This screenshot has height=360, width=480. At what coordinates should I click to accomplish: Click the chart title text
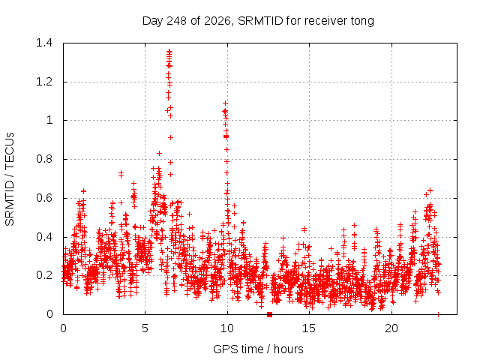tap(258, 21)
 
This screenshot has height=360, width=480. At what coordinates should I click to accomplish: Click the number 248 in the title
tap(176, 21)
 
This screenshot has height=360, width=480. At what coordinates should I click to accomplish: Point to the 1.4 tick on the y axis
tap(44, 43)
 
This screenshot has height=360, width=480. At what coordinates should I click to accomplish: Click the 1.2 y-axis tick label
tap(44, 82)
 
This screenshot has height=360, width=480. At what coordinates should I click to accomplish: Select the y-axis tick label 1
tap(49, 120)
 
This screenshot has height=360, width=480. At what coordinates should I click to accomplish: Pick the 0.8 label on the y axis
tap(44, 159)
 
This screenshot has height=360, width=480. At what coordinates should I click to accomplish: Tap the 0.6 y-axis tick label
tap(44, 198)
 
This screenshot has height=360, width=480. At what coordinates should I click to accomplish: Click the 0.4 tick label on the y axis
tap(44, 237)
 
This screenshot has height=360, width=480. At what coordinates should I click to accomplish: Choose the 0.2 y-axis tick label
tap(44, 275)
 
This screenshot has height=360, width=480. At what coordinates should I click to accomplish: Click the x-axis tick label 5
tap(145, 328)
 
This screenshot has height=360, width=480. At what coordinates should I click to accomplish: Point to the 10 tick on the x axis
tap(227, 328)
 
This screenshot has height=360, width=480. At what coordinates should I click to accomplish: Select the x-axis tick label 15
tap(309, 328)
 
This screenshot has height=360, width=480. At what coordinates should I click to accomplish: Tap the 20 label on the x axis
tap(391, 328)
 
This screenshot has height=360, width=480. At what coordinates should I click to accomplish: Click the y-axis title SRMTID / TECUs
tap(10, 179)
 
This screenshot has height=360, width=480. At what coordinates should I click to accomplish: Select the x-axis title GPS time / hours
tap(258, 349)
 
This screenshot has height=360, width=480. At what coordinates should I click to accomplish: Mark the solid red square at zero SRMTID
tap(269, 314)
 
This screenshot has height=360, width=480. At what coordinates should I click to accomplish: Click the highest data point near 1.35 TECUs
tap(169, 52)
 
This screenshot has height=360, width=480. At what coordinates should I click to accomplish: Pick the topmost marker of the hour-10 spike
tap(225, 103)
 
